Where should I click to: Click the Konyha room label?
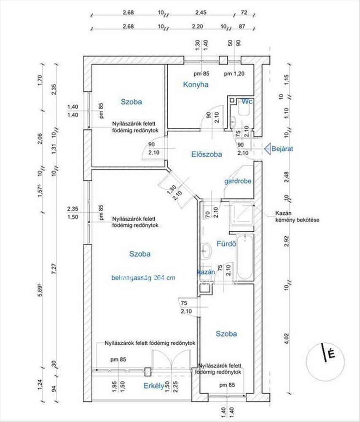196,84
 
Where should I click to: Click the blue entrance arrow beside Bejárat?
267,148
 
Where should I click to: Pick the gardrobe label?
238,181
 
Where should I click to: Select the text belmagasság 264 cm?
142,278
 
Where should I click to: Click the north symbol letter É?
331,354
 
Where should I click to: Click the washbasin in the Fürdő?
206,251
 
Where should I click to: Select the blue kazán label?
207,273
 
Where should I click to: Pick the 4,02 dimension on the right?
287,339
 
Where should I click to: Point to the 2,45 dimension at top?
201,13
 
